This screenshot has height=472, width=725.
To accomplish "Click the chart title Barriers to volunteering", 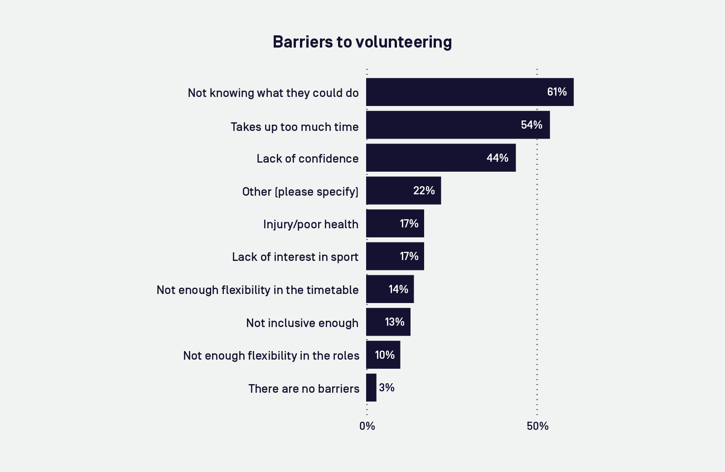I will (362, 42).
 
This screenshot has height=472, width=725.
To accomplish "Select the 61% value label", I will (557, 92).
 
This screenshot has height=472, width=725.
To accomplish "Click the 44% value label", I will (497, 158).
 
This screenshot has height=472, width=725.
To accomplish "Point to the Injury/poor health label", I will (310, 224).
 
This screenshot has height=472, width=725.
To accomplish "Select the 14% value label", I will (398, 289).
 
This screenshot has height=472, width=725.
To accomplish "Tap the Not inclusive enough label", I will (302, 323).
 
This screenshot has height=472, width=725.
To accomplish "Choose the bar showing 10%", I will (383, 355).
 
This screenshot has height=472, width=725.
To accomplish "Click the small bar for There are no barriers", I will (371, 388).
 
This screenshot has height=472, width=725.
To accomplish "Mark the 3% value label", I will (387, 388).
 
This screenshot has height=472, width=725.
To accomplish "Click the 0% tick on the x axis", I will (367, 426).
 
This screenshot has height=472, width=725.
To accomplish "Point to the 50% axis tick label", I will (537, 426).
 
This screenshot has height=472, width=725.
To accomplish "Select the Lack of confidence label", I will (307, 159).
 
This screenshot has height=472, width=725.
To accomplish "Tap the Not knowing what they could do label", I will (273, 93).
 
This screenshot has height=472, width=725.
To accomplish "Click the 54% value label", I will (532, 125).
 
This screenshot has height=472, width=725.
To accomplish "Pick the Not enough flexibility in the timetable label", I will (257, 290).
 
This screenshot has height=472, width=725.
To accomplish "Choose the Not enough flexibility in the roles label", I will (271, 356).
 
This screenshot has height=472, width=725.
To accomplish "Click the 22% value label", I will (424, 191).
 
